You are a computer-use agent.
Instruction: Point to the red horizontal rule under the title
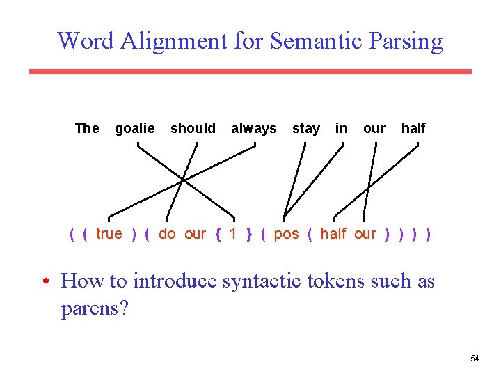click(250, 71)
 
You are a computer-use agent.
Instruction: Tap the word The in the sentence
click(87, 128)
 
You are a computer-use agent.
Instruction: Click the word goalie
click(135, 129)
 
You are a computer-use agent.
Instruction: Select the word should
click(193, 128)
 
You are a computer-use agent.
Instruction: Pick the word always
click(253, 129)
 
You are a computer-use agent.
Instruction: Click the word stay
click(305, 129)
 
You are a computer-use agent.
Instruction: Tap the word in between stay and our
click(342, 128)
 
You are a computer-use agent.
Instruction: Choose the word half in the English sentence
click(413, 128)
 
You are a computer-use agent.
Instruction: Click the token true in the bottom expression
click(109, 234)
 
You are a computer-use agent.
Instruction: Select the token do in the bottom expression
click(167, 234)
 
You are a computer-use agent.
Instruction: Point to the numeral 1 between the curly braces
click(233, 234)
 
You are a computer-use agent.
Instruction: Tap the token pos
click(286, 235)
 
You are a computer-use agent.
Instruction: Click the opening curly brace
click(218, 235)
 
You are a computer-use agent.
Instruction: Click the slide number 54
click(475, 359)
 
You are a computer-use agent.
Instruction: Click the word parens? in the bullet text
click(95, 308)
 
